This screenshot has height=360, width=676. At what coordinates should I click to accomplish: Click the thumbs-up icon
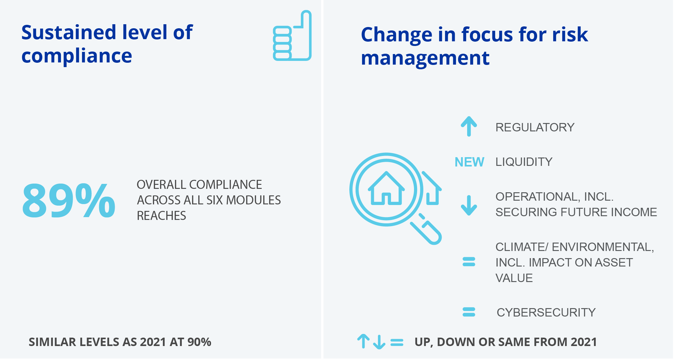click(292, 36)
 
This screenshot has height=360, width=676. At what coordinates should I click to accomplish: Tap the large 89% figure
click(69, 201)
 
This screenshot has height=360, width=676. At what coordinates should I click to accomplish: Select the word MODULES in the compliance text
click(253, 200)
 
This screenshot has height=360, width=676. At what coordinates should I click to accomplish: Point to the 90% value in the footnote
click(200, 342)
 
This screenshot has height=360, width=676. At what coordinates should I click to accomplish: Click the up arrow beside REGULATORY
click(469, 126)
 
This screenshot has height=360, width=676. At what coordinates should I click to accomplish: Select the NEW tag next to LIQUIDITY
click(469, 162)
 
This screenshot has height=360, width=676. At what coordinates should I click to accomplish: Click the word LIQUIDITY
click(524, 162)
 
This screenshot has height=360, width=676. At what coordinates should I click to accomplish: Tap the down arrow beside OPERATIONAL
click(469, 205)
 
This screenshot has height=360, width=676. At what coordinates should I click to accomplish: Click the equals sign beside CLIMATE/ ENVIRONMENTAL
click(469, 262)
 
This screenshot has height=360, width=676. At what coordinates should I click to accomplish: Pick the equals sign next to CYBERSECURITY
click(469, 312)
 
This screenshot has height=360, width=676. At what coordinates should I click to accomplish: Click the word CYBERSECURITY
click(546, 312)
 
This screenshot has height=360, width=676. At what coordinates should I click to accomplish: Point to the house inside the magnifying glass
click(386, 189)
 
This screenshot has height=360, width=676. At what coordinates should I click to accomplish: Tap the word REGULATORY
click(535, 127)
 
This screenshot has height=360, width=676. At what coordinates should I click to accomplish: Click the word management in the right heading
click(425, 59)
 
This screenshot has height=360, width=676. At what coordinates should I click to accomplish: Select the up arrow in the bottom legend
click(363, 341)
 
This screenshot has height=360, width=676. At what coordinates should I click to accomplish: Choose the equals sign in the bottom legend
click(397, 342)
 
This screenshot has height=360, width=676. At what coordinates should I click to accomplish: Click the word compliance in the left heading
click(77, 57)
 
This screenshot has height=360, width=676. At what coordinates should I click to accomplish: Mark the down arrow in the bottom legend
click(379, 342)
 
